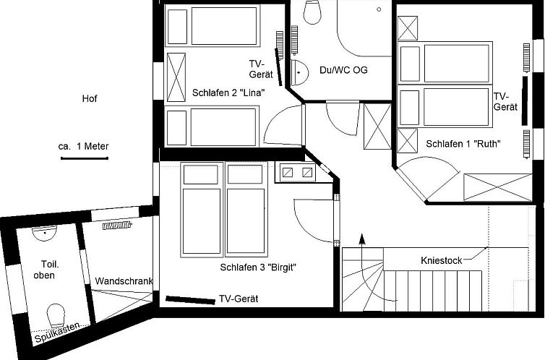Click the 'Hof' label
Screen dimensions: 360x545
[90, 99]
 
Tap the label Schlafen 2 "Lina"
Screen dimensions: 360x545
[228, 93]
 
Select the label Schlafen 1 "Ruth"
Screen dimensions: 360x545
[463, 144]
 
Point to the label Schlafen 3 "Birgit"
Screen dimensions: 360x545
[259, 267]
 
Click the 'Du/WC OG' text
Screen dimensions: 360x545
[343, 70]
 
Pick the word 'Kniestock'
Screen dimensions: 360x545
[441, 260]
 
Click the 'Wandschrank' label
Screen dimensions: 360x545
[123, 280]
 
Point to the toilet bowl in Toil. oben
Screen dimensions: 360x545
[56, 315]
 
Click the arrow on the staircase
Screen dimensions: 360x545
[362, 241]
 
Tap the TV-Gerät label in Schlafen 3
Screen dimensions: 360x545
[238, 299]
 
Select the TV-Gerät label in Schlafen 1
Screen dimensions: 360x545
[505, 101]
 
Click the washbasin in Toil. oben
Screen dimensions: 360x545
[45, 233]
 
